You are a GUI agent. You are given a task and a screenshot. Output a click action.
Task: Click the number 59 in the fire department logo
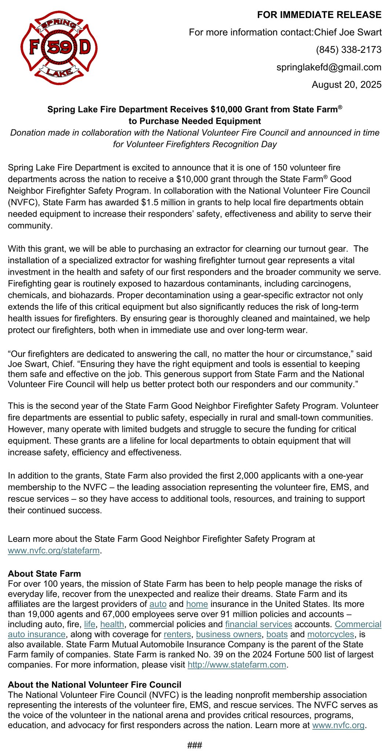point(59,48)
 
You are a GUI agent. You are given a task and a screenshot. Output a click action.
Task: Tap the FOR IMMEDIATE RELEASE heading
point(319,15)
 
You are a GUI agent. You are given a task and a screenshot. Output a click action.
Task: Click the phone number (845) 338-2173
point(348,50)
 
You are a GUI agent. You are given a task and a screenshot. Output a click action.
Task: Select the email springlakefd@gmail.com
point(329,67)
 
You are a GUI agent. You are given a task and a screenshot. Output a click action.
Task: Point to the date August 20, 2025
point(346,85)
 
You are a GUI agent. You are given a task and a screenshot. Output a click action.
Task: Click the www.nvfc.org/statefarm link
point(54,550)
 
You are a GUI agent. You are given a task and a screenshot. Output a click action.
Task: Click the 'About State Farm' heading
point(44,574)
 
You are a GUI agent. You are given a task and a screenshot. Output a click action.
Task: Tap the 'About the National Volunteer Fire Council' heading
point(95,685)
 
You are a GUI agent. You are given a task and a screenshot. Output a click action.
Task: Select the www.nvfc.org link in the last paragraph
point(338,725)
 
